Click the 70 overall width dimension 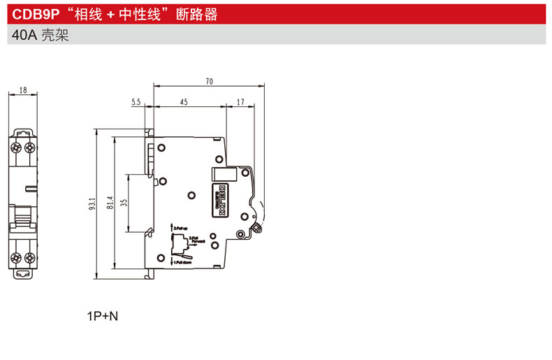(x=209, y=82)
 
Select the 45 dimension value (x=184, y=102)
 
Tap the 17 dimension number (x=240, y=102)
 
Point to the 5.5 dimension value (x=136, y=102)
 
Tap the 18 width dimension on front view (x=23, y=90)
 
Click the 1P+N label (x=103, y=316)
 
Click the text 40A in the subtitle (x=21, y=34)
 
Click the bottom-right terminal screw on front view (x=29, y=258)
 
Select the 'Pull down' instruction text (x=181, y=262)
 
